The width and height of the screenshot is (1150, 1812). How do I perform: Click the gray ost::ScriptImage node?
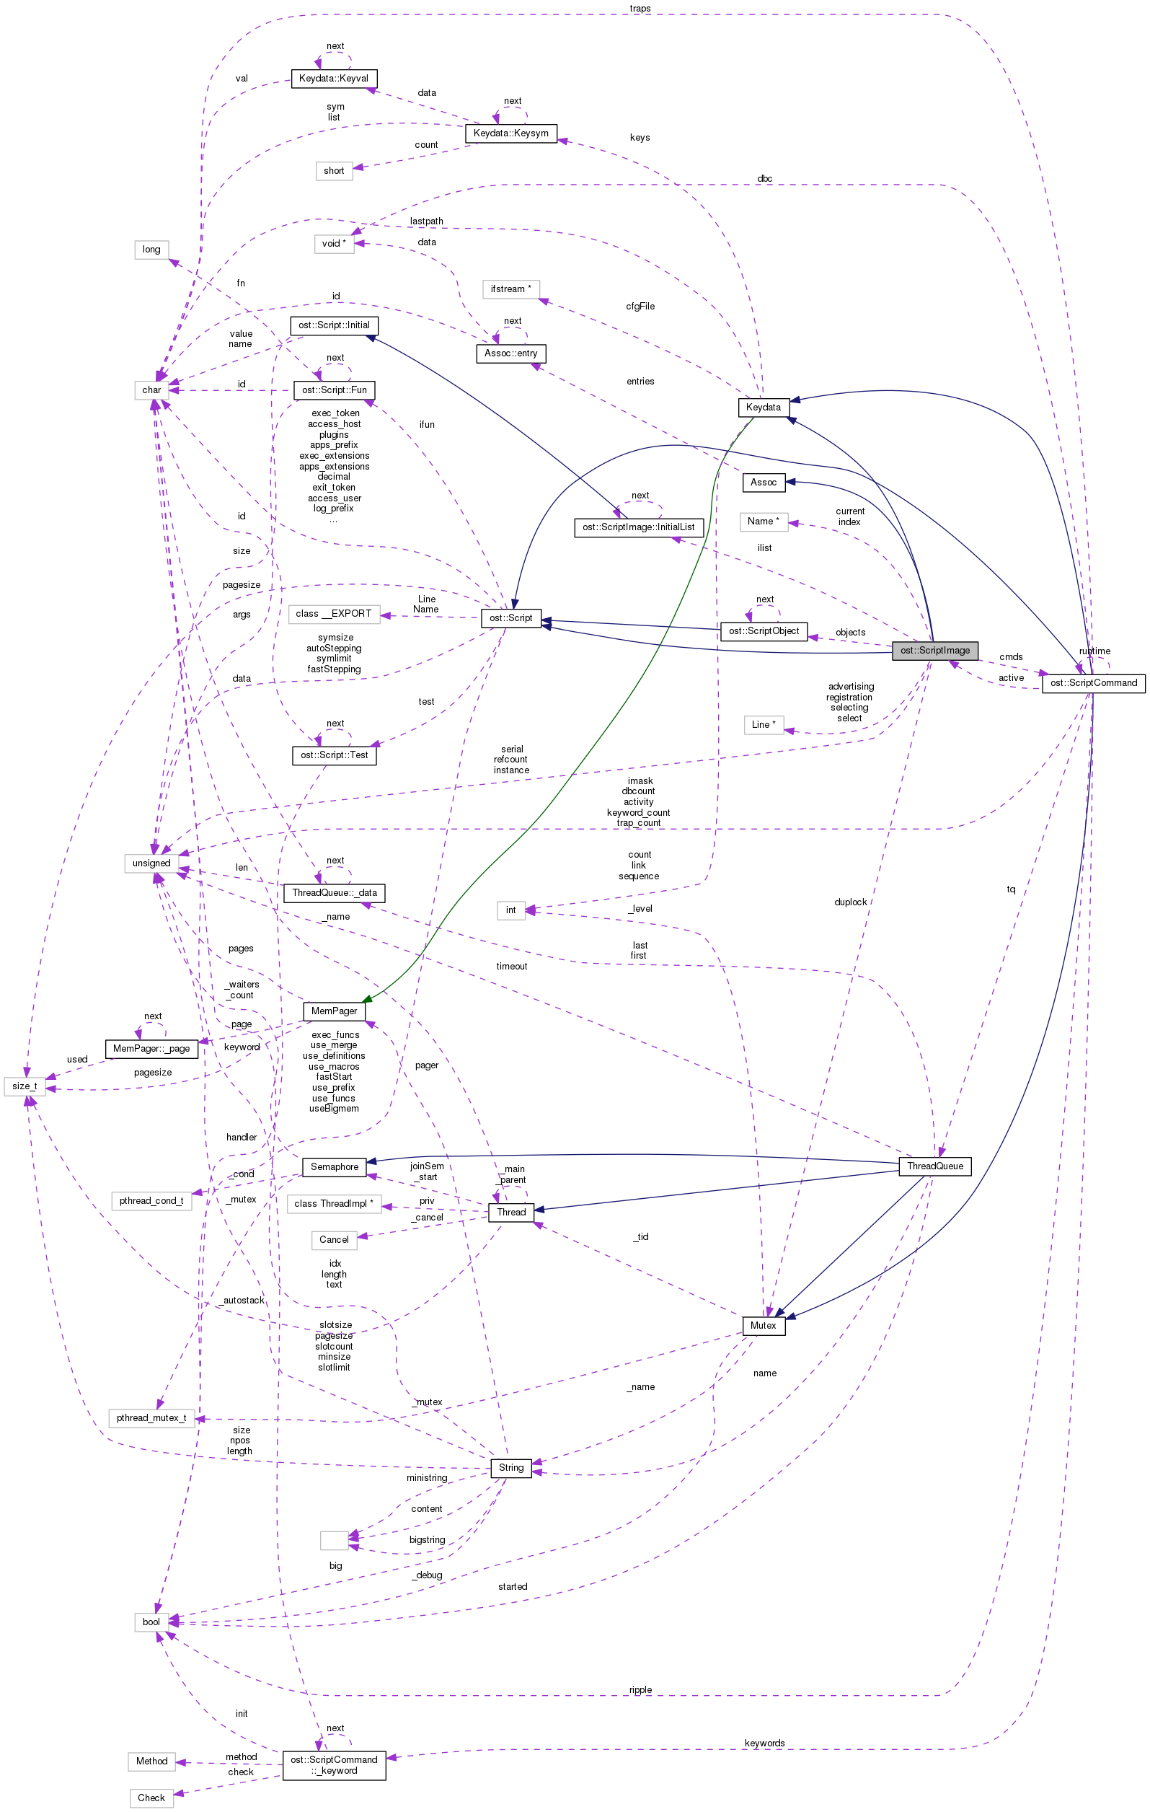pyautogui.click(x=935, y=651)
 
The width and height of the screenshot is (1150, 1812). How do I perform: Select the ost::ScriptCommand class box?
pyautogui.click(x=1093, y=683)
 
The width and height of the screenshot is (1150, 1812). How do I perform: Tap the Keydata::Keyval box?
pyautogui.click(x=333, y=78)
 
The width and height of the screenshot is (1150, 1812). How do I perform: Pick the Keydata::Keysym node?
pyautogui.click(x=510, y=133)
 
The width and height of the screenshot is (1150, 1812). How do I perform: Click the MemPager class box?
pyautogui.click(x=334, y=1011)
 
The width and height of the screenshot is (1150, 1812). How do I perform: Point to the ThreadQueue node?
pyautogui.click(x=935, y=1166)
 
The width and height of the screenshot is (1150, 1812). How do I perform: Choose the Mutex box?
pyautogui.click(x=764, y=1326)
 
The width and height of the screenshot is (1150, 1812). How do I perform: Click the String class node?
pyautogui.click(x=510, y=1468)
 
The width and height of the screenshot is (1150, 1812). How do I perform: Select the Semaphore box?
pyautogui.click(x=334, y=1167)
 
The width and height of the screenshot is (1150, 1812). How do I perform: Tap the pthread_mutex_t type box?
pyautogui.click(x=151, y=1418)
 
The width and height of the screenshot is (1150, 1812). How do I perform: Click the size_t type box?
pyautogui.click(x=24, y=1086)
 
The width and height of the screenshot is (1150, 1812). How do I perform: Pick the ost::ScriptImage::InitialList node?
pyautogui.click(x=639, y=527)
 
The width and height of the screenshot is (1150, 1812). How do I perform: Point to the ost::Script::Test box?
pyautogui.click(x=334, y=755)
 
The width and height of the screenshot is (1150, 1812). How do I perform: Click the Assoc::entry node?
pyautogui.click(x=510, y=353)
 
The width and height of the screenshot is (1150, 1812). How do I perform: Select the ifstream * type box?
pyautogui.click(x=510, y=290)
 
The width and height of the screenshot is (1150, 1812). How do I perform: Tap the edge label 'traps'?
pyautogui.click(x=640, y=8)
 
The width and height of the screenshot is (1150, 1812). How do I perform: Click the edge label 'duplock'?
pyautogui.click(x=851, y=902)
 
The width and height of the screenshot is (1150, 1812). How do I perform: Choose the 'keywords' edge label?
pyautogui.click(x=764, y=1743)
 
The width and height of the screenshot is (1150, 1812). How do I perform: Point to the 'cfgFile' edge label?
pyautogui.click(x=640, y=307)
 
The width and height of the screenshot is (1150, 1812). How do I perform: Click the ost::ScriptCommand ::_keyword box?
pyautogui.click(x=334, y=1765)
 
